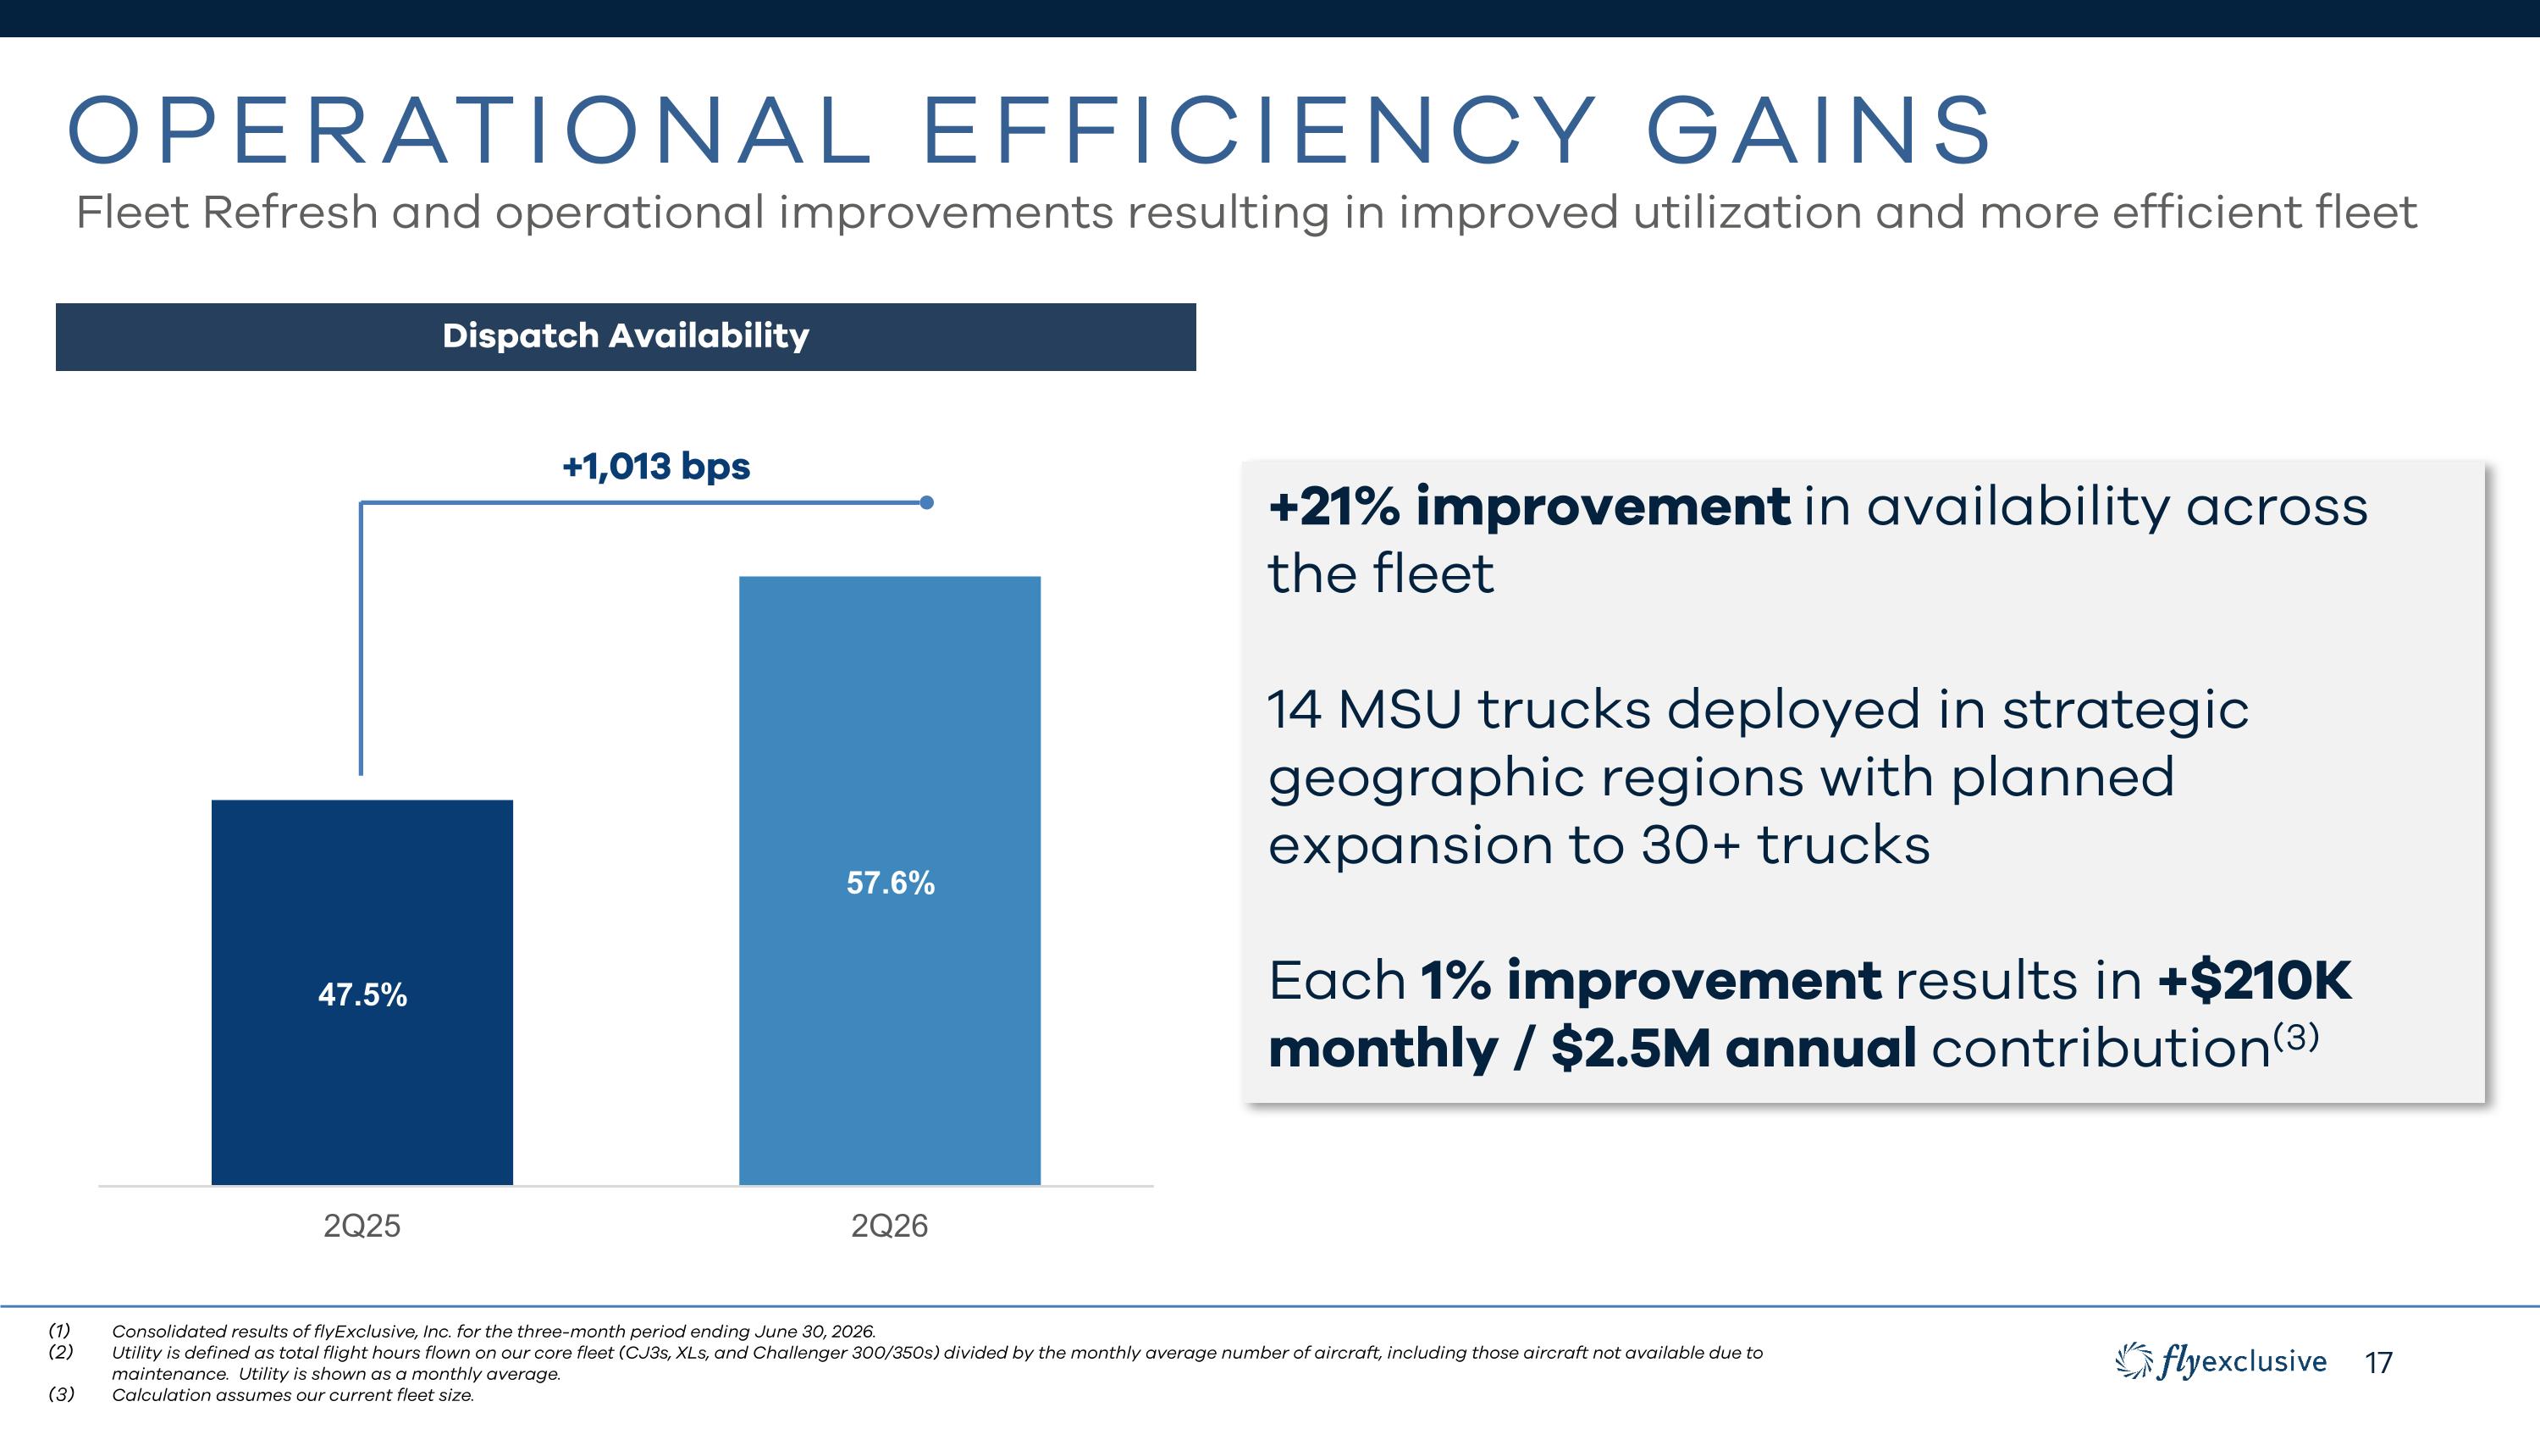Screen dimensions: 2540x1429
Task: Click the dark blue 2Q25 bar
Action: point(362,992)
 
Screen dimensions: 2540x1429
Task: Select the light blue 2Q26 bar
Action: point(889,881)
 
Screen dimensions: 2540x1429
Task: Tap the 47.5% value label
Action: point(362,994)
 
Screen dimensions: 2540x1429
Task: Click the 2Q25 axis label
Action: point(362,1226)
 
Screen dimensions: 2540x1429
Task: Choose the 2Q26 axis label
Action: point(889,1226)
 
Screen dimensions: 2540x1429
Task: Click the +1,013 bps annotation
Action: point(655,467)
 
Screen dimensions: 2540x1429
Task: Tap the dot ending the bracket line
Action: point(926,503)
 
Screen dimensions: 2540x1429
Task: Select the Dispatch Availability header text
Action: point(627,336)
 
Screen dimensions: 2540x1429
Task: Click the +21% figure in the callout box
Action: point(1334,507)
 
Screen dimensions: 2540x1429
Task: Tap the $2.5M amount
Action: point(1631,1047)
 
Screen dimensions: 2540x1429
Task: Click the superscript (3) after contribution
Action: point(2296,1038)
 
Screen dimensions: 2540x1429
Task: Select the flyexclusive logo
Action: point(2221,1362)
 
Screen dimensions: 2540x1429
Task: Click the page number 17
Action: point(2379,1363)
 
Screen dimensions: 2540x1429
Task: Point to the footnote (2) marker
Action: point(61,1352)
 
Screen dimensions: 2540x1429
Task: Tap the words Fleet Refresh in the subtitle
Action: point(227,213)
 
